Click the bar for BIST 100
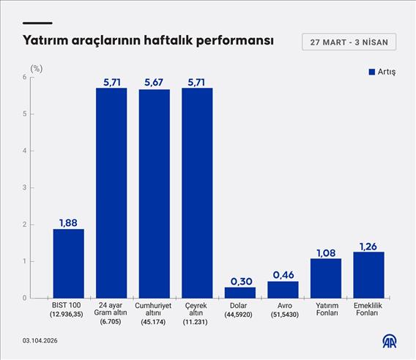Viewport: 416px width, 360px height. [68, 263]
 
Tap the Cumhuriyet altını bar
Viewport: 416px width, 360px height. [154, 193]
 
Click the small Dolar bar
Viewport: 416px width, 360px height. [239, 292]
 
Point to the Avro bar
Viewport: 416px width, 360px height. [283, 289]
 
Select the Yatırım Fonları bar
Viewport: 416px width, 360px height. [325, 278]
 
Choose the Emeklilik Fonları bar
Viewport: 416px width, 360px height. [368, 274]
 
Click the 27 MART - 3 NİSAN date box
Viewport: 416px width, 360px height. [349, 42]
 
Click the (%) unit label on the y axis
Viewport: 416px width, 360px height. [36, 67]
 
